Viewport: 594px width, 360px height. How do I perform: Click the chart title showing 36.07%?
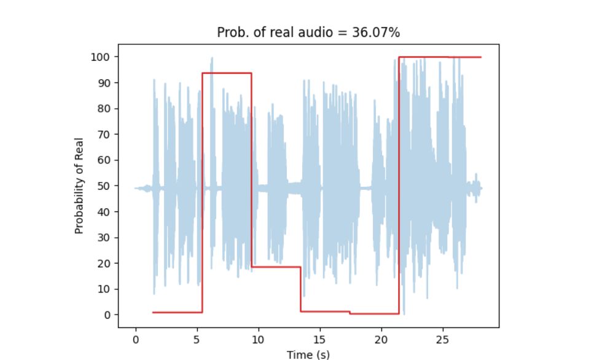[308, 33]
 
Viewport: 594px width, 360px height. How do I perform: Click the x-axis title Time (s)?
[308, 354]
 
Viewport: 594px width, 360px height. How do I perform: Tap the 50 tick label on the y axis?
[105, 186]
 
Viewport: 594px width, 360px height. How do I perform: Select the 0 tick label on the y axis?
[107, 315]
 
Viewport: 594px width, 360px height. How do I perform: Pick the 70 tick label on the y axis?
[105, 135]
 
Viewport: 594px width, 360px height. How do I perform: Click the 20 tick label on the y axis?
[105, 264]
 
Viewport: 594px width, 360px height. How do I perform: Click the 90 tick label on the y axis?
[105, 83]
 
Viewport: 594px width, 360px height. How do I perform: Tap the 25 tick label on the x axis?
[443, 339]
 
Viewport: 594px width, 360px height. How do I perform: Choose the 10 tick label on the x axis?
[258, 339]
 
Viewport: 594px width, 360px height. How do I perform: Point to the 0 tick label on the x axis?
[135, 339]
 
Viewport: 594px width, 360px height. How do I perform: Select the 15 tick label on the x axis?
[319, 339]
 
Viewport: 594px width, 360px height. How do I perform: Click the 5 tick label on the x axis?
[197, 339]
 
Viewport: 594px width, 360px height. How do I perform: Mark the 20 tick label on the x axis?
[381, 339]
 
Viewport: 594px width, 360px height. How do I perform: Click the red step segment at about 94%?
[227, 73]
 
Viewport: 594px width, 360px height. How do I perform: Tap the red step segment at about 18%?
[276, 267]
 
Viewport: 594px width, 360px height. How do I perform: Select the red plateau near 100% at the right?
[439, 57]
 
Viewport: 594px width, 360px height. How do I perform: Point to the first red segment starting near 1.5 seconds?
[178, 312]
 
